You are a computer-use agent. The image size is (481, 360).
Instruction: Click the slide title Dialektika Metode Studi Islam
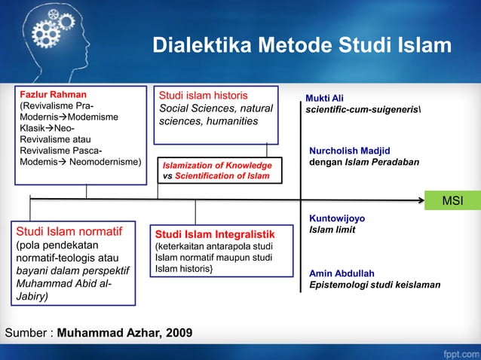tap(302, 47)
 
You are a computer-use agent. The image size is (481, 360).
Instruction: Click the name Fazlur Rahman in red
tap(53, 95)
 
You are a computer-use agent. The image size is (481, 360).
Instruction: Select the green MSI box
tap(452, 200)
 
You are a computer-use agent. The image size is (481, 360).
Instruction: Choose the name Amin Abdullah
tap(342, 273)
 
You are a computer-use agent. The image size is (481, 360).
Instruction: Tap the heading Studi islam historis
tap(203, 96)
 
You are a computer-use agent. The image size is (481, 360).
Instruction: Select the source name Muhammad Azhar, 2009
tap(124, 332)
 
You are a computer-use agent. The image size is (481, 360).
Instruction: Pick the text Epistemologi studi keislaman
tap(375, 285)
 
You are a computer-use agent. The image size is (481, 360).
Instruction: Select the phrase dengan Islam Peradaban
tap(364, 162)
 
